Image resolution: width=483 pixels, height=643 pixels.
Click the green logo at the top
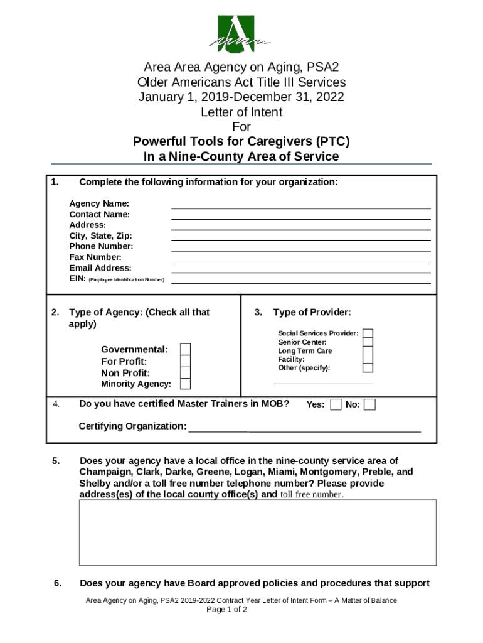coord(242,34)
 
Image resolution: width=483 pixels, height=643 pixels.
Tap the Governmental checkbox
coord(186,350)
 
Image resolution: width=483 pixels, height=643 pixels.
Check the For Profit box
coord(186,362)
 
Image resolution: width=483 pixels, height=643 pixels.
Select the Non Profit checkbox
coord(186,373)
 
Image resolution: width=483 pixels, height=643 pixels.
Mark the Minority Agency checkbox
coord(186,384)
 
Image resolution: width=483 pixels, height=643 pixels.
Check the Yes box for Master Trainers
coord(336,404)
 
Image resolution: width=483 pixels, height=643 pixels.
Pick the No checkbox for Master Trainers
coord(370,404)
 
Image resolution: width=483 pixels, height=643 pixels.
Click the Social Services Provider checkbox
coord(368,333)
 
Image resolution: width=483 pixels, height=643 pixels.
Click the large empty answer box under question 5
coord(257,532)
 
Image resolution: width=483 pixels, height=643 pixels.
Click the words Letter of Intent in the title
coord(242,112)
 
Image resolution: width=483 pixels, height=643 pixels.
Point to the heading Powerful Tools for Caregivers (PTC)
coord(242,141)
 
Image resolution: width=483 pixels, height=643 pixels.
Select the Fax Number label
coord(95,257)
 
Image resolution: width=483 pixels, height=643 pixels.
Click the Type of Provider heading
coord(312,313)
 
